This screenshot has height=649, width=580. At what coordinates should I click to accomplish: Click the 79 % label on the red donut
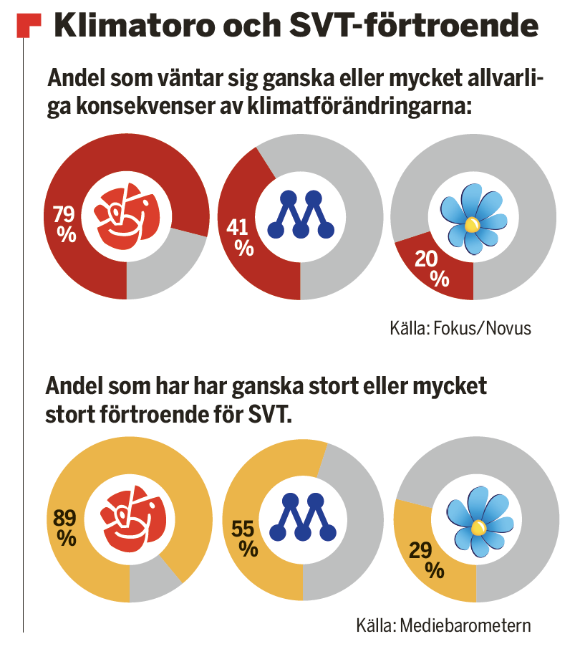point(65,223)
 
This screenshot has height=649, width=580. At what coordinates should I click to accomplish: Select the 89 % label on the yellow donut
point(66,527)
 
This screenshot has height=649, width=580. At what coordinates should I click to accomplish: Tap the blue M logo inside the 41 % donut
point(301,213)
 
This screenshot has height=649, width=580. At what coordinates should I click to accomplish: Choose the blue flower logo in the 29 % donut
point(477,521)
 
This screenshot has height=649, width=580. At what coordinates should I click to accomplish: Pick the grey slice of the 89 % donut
point(154,580)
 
